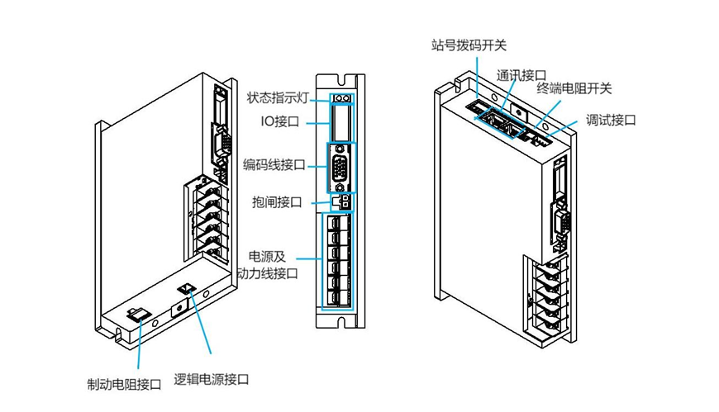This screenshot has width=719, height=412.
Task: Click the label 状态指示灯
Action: click(x=277, y=97)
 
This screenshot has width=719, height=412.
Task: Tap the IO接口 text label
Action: click(x=283, y=121)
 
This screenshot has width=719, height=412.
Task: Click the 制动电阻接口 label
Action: click(x=124, y=385)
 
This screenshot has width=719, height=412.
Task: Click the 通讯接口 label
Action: click(x=518, y=74)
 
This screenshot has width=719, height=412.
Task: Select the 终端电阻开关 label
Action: click(x=574, y=88)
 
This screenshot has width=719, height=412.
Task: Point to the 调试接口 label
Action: click(x=611, y=119)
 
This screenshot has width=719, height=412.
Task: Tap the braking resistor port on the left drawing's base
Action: click(x=134, y=314)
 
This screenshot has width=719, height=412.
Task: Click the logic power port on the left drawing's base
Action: click(x=188, y=290)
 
